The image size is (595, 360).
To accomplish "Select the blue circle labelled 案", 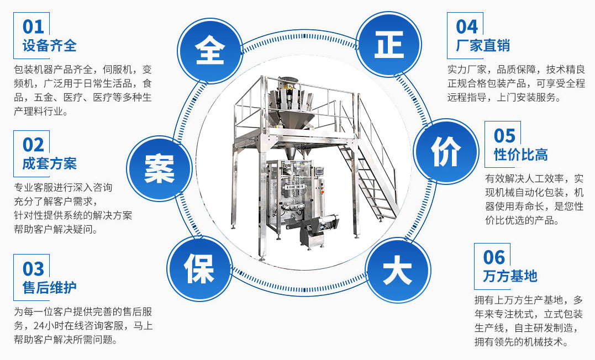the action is click(x=159, y=168).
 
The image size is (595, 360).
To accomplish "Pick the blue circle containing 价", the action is click(x=446, y=151).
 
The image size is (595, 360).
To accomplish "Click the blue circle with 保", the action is click(x=199, y=268).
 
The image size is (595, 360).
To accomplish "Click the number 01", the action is click(x=33, y=27).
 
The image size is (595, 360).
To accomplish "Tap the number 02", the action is click(x=33, y=145).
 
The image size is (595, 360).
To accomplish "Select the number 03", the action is click(x=33, y=269).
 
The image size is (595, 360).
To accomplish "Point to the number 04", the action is click(x=467, y=27).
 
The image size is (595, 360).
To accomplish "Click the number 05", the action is click(x=505, y=135).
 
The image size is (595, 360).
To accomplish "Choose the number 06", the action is click(x=494, y=257).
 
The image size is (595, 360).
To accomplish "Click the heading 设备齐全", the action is click(x=49, y=45).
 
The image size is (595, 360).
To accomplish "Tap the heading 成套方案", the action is click(x=49, y=163).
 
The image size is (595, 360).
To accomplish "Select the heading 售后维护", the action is click(x=49, y=288).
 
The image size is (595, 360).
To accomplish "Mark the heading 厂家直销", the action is click(x=483, y=45).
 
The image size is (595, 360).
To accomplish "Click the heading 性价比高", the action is click(x=520, y=155).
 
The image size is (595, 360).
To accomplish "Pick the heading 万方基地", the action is click(x=510, y=276).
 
